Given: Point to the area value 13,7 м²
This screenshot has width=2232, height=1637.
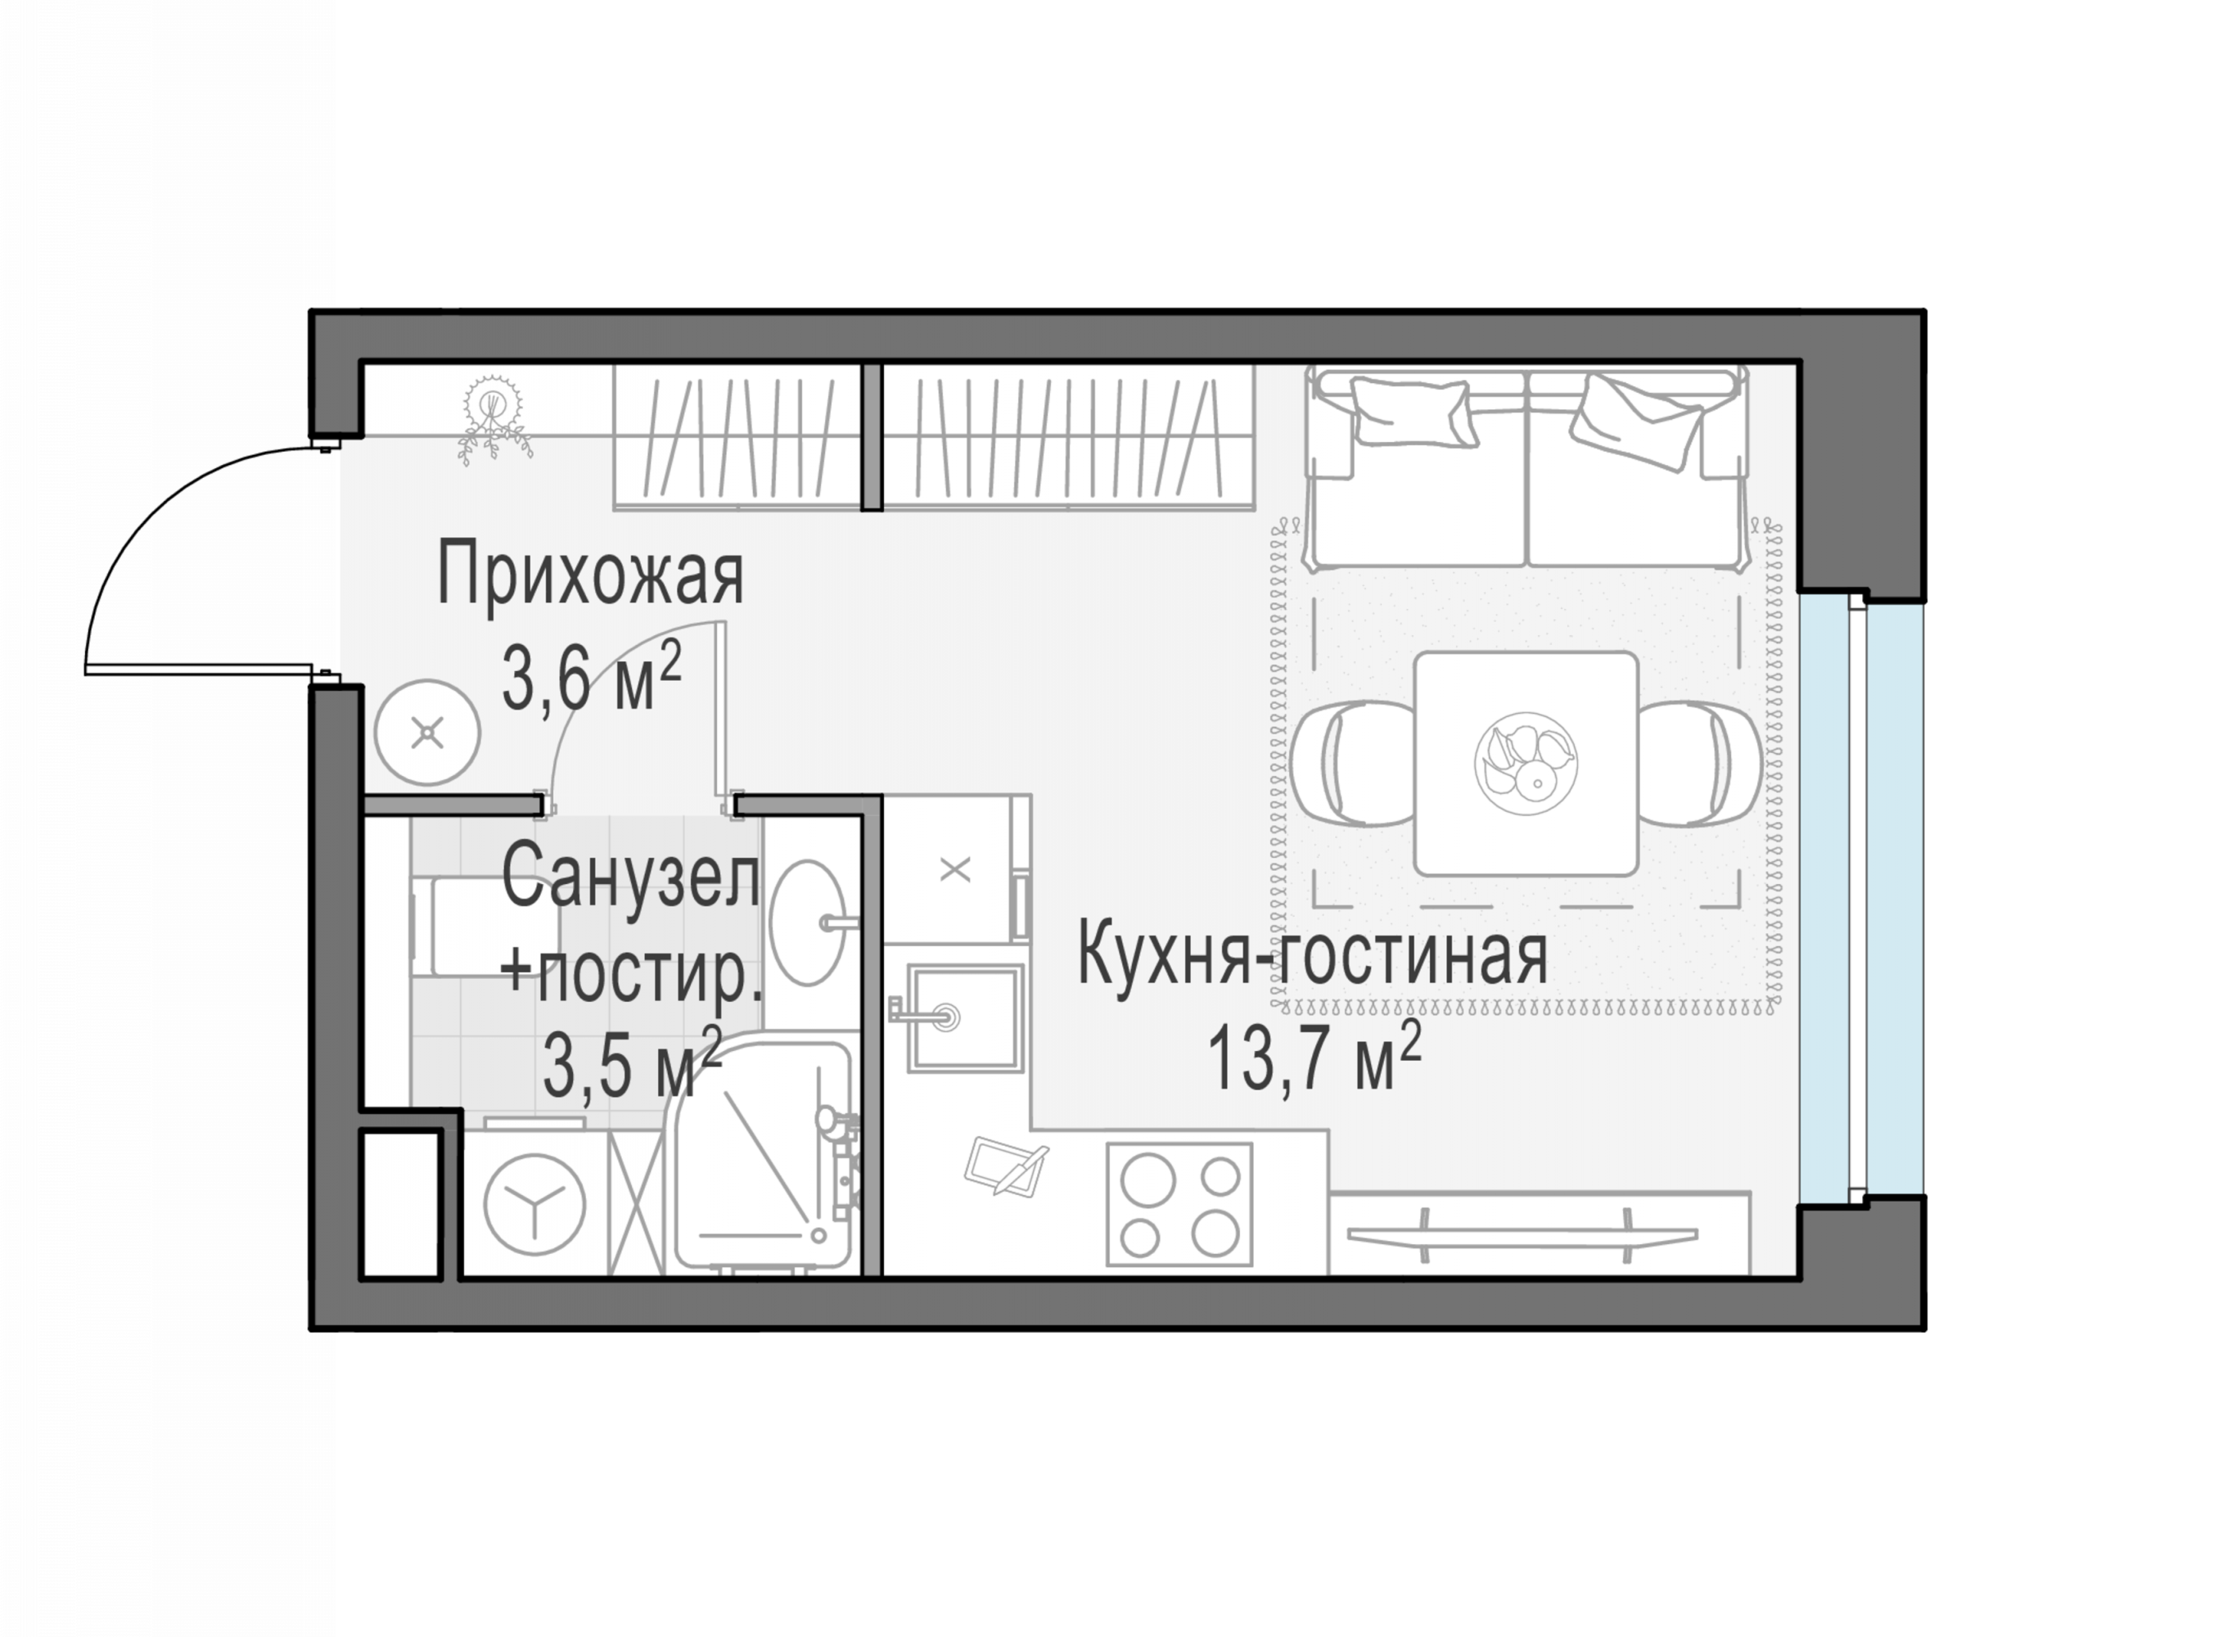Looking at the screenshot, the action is (1314, 1057).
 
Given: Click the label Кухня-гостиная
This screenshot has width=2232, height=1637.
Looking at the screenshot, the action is (1312, 954).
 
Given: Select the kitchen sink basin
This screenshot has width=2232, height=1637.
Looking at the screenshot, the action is (965, 1017).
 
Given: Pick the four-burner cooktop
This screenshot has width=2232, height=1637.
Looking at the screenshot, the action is (1179, 1204).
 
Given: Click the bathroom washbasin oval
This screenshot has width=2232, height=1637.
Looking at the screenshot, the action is (807, 922).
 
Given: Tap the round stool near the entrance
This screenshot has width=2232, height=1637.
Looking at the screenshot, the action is (427, 733).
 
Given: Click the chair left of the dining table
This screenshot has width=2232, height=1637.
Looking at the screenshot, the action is (1353, 763).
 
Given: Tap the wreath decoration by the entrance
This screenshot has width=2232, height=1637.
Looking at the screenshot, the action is (493, 416).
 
